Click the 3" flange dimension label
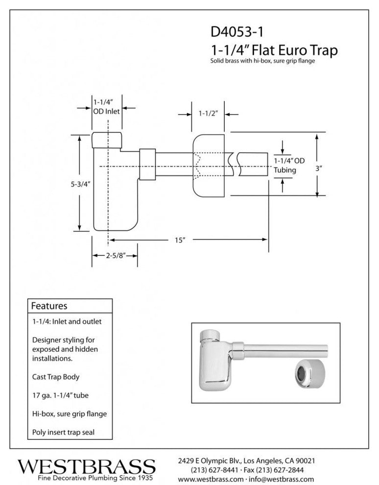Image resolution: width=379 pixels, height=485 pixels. pyautogui.click(x=318, y=168)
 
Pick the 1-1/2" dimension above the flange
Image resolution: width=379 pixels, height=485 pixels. pyautogui.click(x=208, y=113)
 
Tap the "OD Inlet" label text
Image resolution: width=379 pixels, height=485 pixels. pyautogui.click(x=106, y=111)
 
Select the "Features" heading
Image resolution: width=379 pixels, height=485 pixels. pyautogui.click(x=49, y=306)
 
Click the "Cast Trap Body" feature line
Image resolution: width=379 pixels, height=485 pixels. pyautogui.click(x=56, y=377)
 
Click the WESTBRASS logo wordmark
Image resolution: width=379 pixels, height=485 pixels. pyautogui.click(x=86, y=465)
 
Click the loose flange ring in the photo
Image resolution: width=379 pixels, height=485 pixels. pyautogui.click(x=307, y=373)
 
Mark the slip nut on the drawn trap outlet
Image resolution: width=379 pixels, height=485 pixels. pyautogui.click(x=147, y=164)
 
